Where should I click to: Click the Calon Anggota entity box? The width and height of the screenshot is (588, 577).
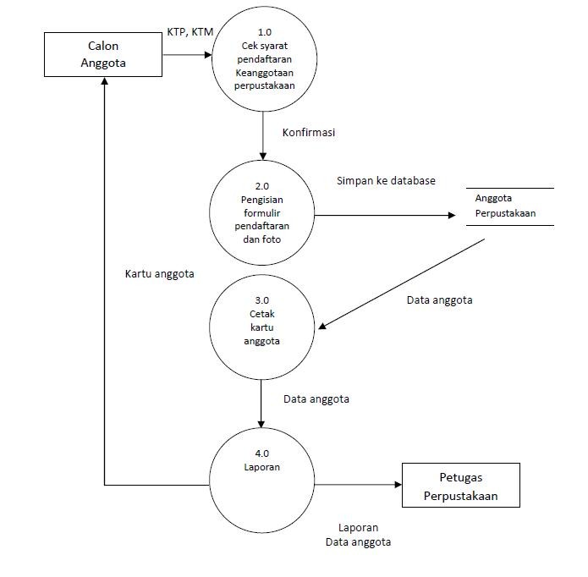(103, 54)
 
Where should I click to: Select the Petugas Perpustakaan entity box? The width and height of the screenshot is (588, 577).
(461, 485)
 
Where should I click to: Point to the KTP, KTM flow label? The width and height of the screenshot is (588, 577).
(190, 32)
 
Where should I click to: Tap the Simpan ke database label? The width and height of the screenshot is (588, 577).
(386, 180)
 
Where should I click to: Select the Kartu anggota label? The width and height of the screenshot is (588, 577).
(160, 273)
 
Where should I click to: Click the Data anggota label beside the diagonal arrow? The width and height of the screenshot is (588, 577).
(439, 300)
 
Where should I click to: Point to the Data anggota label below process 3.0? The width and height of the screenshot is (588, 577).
(316, 398)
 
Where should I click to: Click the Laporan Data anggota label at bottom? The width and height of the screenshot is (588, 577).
(358, 535)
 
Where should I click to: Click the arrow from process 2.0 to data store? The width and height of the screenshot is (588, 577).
(385, 216)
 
